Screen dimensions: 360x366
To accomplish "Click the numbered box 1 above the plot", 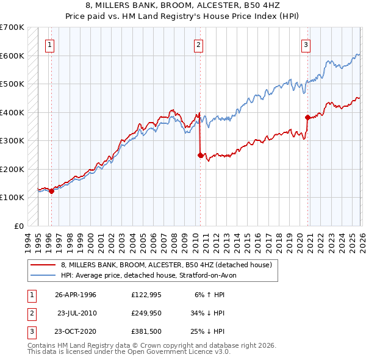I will [49, 44].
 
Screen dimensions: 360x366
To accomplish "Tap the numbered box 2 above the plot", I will [199, 44].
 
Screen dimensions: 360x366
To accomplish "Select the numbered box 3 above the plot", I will [306, 44].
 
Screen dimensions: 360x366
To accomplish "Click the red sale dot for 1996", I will [51, 191].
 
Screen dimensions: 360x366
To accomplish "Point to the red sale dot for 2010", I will [200, 155].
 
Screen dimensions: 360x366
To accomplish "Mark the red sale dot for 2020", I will [307, 118].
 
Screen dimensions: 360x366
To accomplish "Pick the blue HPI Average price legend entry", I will [152, 275].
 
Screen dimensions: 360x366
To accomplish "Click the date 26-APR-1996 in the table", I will [76, 295].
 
